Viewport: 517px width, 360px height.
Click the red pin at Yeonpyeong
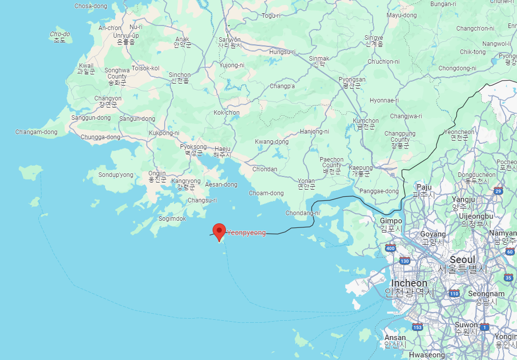(x=219, y=231)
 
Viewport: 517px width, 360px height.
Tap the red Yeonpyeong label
(x=246, y=233)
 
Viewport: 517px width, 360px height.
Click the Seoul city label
(x=461, y=261)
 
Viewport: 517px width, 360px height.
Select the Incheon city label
(x=409, y=284)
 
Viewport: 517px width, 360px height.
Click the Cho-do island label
(x=60, y=37)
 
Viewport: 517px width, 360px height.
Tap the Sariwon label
(x=229, y=42)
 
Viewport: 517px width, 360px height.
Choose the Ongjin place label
(x=158, y=176)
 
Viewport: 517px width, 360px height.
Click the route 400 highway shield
(x=391, y=248)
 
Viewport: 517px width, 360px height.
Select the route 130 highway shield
(x=405, y=261)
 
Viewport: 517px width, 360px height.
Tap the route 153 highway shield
(x=418, y=327)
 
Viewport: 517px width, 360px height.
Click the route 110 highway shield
(x=454, y=293)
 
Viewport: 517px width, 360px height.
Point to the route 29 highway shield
(x=498, y=191)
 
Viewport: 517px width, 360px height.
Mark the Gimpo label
(x=391, y=224)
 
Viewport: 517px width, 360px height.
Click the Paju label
(x=424, y=190)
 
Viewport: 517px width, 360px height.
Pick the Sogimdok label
(x=172, y=218)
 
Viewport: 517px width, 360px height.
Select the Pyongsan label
(x=352, y=83)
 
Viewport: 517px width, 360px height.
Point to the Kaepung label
(x=360, y=170)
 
